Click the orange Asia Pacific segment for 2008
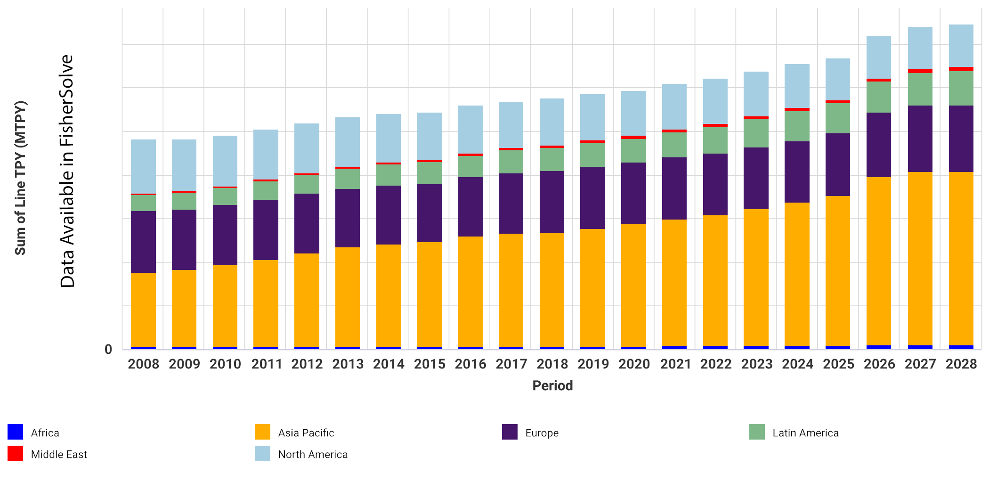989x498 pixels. click(143, 310)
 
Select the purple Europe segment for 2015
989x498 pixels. click(429, 213)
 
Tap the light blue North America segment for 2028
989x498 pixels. click(961, 46)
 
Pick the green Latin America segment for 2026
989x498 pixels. click(879, 97)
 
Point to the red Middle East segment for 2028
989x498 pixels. click(961, 69)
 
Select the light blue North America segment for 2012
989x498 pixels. click(307, 148)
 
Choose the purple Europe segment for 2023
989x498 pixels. click(756, 178)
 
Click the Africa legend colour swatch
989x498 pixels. click(16, 432)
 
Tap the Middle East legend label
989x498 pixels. click(59, 455)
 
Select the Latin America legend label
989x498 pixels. click(805, 433)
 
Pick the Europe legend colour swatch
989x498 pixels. click(510, 432)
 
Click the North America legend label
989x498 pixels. click(313, 455)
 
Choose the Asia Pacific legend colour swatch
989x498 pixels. click(262, 432)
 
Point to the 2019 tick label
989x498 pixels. click(593, 364)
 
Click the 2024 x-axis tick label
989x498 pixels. click(797, 364)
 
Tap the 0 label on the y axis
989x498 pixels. click(108, 350)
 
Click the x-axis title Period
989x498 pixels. click(552, 386)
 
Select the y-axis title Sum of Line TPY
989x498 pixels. click(20, 178)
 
